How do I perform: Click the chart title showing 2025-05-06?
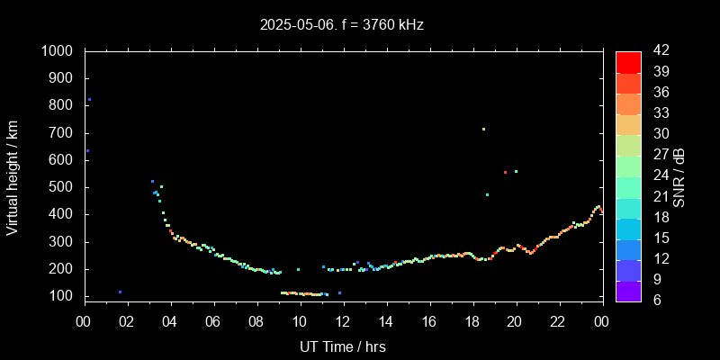(x=342, y=25)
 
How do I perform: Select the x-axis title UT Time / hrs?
(x=343, y=346)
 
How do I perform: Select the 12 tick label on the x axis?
(x=343, y=322)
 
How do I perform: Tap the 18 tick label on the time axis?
(x=472, y=322)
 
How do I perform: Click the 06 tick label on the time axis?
(x=213, y=322)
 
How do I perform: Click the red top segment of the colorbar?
(x=628, y=61)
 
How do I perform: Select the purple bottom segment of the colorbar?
(x=628, y=290)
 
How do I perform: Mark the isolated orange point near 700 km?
(x=483, y=129)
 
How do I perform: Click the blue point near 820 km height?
(x=89, y=100)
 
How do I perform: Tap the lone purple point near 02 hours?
(x=120, y=292)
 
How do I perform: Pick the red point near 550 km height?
(x=505, y=172)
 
